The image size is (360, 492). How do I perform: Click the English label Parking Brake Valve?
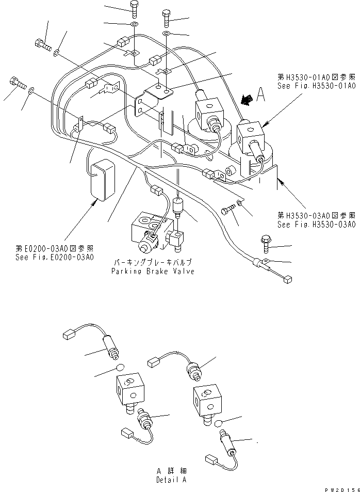click(153, 272)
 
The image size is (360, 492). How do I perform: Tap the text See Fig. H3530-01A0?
click(317, 86)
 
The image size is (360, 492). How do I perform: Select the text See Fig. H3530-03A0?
click(316, 225)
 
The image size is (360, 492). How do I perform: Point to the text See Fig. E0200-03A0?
click(54, 257)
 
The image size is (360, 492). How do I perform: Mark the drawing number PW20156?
click(340, 488)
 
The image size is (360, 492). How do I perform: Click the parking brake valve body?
click(152, 230)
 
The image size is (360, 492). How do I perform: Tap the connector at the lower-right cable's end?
click(288, 279)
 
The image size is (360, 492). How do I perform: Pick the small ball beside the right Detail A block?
click(219, 424)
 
